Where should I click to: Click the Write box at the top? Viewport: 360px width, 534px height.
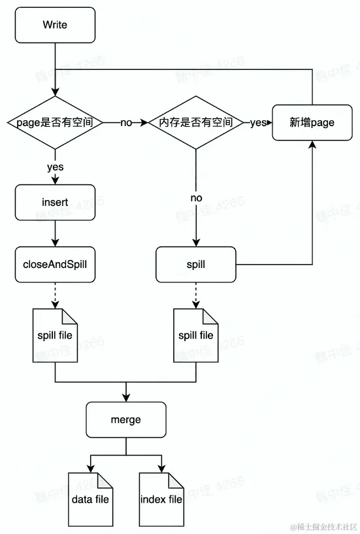(x=55, y=25)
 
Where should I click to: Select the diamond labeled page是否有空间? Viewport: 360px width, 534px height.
(x=55, y=122)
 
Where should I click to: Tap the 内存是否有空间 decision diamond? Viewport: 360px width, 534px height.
(x=196, y=122)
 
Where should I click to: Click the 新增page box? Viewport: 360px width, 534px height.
(x=312, y=122)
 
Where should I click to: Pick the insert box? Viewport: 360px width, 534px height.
(x=55, y=203)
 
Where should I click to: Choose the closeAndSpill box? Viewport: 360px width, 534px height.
(x=55, y=265)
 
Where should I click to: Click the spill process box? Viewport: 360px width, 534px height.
(x=196, y=265)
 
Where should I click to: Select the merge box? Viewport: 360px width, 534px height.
(x=125, y=420)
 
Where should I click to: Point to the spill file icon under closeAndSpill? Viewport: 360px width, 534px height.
(x=55, y=335)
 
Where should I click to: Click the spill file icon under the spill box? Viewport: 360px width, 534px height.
(x=196, y=335)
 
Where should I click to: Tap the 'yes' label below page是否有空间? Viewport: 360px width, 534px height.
(x=55, y=167)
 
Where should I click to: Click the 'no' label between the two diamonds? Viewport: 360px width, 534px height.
(x=126, y=123)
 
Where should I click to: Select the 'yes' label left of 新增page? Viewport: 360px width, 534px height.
(x=258, y=123)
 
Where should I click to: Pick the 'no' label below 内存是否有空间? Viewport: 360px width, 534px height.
(x=196, y=197)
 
